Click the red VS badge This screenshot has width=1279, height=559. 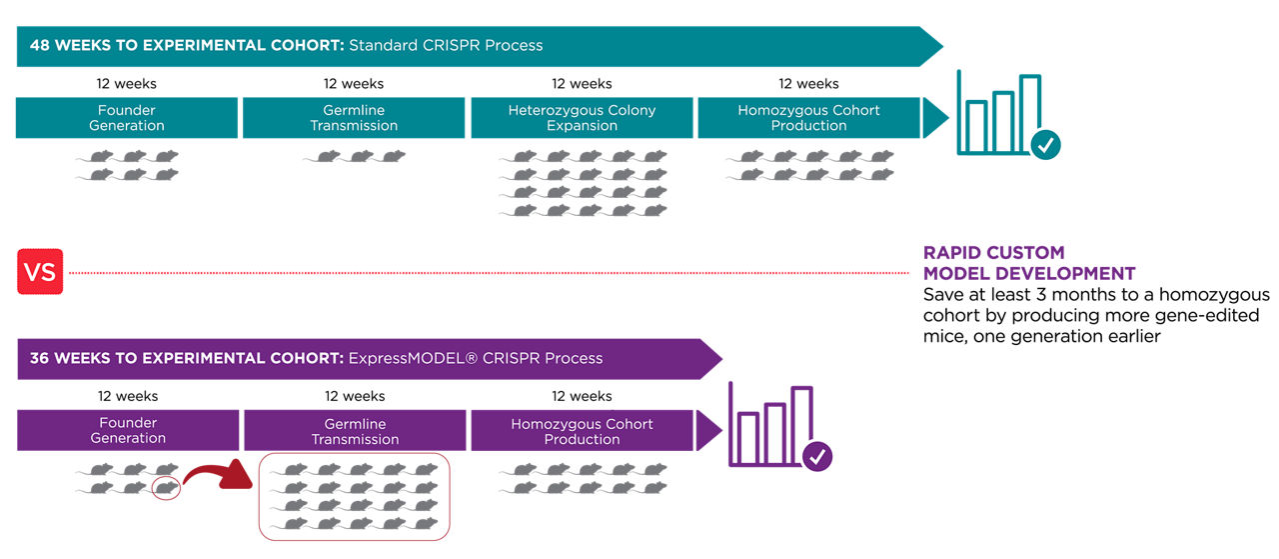point(40,271)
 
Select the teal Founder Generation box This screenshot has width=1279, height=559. point(127,118)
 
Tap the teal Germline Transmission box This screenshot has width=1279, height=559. point(354,118)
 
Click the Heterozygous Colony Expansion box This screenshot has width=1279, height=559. point(582,118)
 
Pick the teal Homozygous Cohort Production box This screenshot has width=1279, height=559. point(808,118)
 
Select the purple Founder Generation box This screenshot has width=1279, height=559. point(128,431)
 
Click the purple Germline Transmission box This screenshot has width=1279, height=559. point(355,431)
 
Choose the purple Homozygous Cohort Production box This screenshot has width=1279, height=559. point(582,431)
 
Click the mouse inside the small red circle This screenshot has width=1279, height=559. point(165,488)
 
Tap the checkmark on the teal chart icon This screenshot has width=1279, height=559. point(1045,145)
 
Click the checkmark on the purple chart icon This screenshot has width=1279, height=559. point(817,457)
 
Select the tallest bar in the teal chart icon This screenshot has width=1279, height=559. point(1029,114)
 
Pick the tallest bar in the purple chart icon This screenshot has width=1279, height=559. point(801,425)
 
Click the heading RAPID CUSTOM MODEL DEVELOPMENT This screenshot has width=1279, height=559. point(1028,263)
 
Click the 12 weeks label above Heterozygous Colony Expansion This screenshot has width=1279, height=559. point(582,83)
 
